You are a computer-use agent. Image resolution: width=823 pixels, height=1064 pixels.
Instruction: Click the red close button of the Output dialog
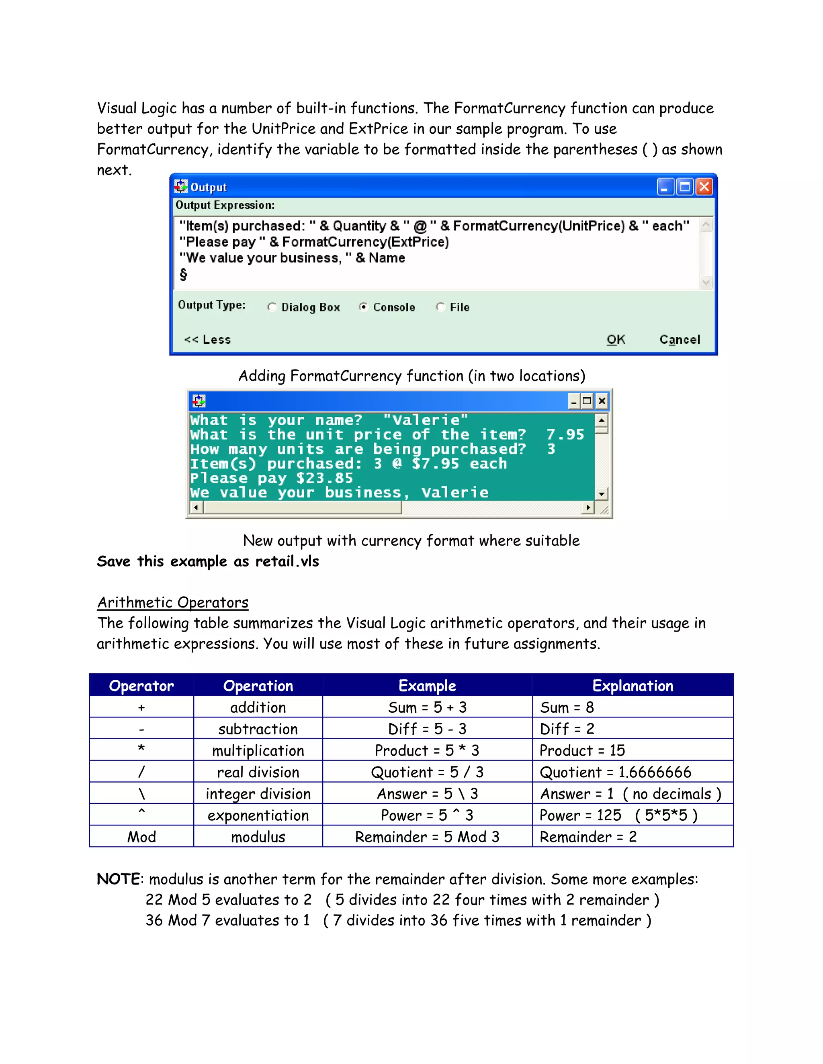(704, 187)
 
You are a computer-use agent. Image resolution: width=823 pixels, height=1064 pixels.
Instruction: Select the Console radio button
(363, 306)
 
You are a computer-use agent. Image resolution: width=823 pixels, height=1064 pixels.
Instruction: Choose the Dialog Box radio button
(272, 306)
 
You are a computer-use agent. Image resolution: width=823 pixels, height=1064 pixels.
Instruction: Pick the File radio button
(440, 306)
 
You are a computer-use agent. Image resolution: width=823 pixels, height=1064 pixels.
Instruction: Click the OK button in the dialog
(616, 340)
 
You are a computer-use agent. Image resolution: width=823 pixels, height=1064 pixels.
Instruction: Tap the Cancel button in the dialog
(680, 340)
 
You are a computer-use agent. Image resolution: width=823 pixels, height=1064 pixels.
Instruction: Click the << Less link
(207, 340)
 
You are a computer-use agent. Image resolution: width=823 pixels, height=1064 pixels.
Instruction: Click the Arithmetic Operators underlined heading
(172, 603)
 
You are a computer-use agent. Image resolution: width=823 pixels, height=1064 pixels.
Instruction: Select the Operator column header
(141, 685)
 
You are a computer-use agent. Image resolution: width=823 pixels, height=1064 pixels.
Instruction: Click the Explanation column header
(633, 685)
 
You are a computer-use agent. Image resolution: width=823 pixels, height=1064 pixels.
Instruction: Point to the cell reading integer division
(258, 794)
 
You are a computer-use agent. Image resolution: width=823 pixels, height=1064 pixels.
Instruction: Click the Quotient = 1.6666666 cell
(615, 772)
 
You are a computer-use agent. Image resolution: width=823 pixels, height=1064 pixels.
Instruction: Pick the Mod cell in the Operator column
(141, 837)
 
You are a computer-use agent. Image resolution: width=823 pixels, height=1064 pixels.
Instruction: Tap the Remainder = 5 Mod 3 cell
(427, 837)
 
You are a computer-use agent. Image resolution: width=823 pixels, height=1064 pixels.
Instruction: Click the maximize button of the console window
(587, 401)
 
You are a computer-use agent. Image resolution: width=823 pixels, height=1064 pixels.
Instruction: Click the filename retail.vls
(287, 561)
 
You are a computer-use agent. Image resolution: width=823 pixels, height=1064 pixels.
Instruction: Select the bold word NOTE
(119, 879)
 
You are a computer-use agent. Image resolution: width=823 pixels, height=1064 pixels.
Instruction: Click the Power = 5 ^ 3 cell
(427, 815)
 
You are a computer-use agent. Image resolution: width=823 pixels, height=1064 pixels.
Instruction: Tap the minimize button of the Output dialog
(665, 187)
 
